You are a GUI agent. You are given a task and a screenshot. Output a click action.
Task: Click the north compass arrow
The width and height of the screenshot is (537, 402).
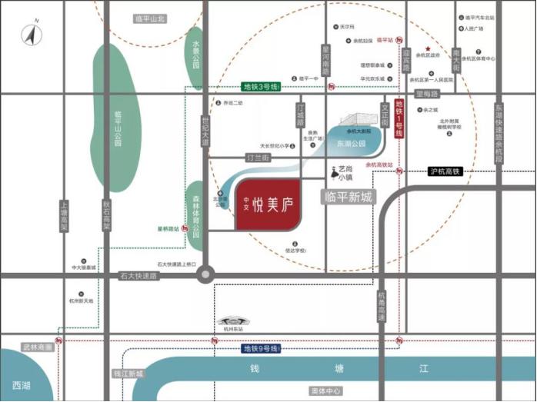(32, 35)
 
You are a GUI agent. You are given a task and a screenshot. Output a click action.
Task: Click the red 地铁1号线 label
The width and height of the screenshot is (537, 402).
(399, 119)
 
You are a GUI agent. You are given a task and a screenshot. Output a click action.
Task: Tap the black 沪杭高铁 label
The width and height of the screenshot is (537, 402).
(445, 171)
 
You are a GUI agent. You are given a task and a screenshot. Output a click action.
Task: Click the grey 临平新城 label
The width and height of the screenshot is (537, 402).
(349, 197)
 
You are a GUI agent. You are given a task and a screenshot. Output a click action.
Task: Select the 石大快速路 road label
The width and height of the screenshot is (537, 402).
(138, 274)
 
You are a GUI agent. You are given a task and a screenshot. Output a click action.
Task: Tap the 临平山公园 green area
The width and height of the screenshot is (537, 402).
(117, 115)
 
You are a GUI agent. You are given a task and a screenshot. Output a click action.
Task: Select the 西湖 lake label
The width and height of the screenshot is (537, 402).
(22, 384)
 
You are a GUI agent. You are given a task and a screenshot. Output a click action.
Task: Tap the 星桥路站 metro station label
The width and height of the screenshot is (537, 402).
(168, 228)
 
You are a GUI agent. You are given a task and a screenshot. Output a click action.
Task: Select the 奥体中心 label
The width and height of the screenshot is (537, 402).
(322, 391)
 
